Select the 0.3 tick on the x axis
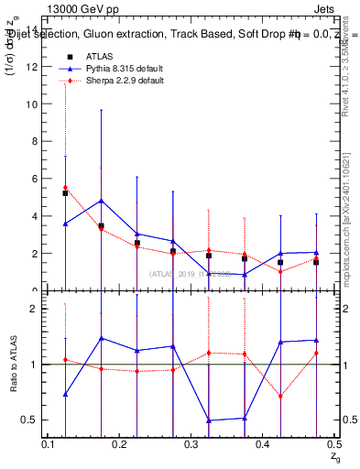tap(191, 444)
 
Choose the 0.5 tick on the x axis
tap(334, 444)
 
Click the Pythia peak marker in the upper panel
tap(101, 201)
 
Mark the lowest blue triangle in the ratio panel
tap(209, 420)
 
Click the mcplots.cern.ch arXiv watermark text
tap(346, 220)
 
